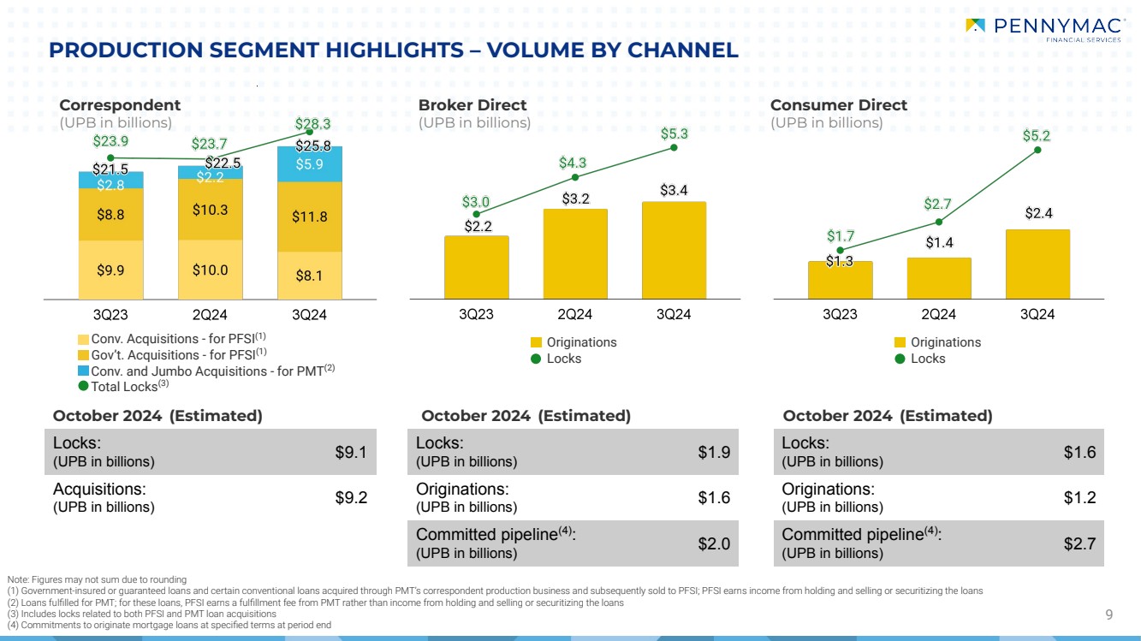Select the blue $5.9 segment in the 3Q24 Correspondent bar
coord(310,163)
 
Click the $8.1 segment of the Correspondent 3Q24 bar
coord(310,276)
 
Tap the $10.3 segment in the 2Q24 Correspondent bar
coord(211,210)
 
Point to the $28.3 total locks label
coord(313,123)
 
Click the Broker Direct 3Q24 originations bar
coord(674,250)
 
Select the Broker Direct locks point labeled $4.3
coord(575,177)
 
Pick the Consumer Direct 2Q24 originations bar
coord(939,278)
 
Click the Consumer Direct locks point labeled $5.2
coord(1037,150)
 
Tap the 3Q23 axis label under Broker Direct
coord(476,314)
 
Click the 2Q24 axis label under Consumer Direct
coord(939,314)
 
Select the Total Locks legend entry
coord(124,387)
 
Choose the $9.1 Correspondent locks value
coord(352,453)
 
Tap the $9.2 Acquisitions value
coord(352,497)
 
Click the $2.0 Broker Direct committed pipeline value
coord(715,543)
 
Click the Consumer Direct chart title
coord(838,105)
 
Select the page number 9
coord(1108,614)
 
